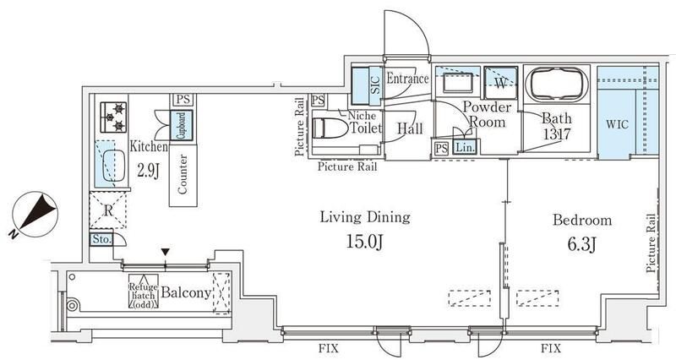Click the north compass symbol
click(34, 215)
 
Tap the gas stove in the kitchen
click(114, 117)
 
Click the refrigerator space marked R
click(108, 210)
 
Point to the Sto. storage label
click(101, 240)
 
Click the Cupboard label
click(182, 124)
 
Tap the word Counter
click(183, 174)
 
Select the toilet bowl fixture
click(330, 128)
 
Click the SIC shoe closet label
click(375, 85)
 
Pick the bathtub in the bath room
click(556, 84)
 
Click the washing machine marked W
click(500, 83)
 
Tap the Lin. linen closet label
click(465, 147)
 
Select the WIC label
click(618, 124)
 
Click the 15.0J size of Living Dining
click(365, 243)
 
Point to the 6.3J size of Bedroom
click(581, 244)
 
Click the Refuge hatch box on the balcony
click(144, 292)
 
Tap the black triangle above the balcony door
click(166, 252)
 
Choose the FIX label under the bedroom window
click(551, 348)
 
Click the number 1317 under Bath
click(557, 134)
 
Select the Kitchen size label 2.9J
click(149, 171)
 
